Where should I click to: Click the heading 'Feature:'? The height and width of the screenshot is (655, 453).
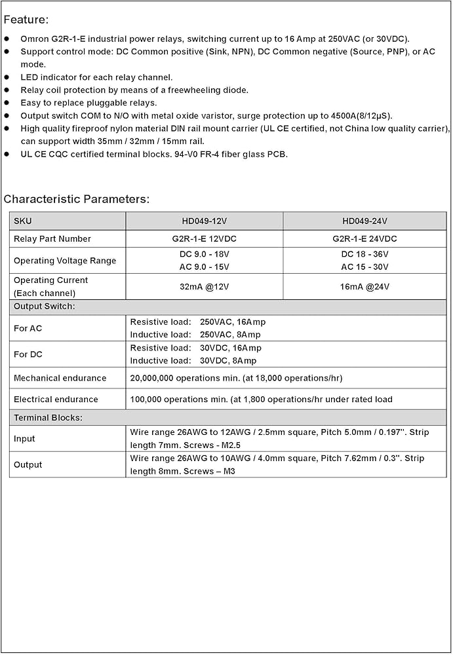[x=26, y=20]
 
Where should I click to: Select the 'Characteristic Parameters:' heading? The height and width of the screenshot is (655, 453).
[x=76, y=198]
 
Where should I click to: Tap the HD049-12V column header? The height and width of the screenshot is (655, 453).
[x=204, y=221]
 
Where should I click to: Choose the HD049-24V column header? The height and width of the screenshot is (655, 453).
[x=364, y=221]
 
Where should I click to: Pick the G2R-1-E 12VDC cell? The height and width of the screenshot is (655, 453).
[x=204, y=238]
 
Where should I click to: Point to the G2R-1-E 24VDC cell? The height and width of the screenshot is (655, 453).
[x=364, y=238]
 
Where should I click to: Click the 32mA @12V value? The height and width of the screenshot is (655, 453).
[x=204, y=286]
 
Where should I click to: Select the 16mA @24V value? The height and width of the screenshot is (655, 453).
[x=364, y=286]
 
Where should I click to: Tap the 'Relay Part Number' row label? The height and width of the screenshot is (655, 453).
[x=52, y=238]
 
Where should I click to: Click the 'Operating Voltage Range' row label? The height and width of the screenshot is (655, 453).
[x=65, y=261]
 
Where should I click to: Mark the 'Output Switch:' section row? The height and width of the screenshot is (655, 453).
[x=45, y=306]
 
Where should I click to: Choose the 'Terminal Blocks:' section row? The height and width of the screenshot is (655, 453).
[x=48, y=417]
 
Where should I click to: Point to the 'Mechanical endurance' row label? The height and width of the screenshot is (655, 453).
[x=60, y=378]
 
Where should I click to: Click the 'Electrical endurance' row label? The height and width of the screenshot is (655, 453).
[x=56, y=399]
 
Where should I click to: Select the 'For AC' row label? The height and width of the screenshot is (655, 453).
[x=28, y=328]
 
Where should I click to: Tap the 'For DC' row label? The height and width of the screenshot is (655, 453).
[x=28, y=354]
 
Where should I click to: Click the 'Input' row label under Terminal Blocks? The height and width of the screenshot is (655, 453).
[x=24, y=438]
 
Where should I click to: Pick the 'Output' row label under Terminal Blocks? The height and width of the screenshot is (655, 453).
[x=28, y=464]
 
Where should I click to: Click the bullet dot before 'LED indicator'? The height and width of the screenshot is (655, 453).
[x=7, y=77]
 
